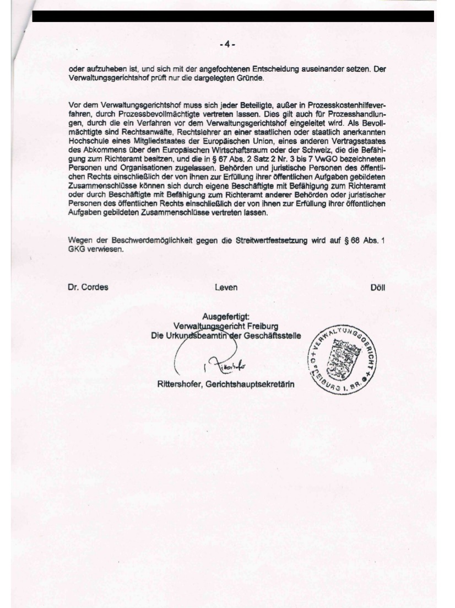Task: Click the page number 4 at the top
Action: tap(227, 44)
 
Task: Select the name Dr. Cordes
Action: tap(88, 287)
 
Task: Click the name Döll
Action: tap(378, 287)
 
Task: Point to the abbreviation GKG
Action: tap(77, 249)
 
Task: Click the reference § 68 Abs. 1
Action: tap(363, 241)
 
